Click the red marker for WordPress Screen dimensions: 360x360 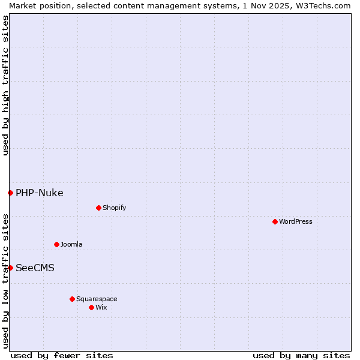[275, 221]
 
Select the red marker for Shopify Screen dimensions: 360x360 [98, 208]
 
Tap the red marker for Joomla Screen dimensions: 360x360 [56, 244]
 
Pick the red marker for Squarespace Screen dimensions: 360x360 [72, 299]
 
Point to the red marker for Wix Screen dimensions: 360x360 [91, 307]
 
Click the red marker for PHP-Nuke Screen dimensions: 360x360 [10, 193]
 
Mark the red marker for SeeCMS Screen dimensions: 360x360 [10, 268]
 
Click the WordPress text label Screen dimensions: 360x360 [296, 221]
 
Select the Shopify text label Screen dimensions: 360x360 [114, 208]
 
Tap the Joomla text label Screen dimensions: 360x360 [71, 244]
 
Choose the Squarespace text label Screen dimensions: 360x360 [97, 299]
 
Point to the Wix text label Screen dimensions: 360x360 [101, 307]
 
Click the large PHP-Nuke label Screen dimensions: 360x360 [40, 193]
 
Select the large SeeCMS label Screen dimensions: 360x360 [35, 268]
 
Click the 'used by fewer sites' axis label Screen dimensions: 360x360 [62, 355]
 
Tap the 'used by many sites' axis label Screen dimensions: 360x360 [301, 355]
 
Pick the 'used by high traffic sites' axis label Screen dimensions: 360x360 [5, 85]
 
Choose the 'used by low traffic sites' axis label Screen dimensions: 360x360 [5, 281]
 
